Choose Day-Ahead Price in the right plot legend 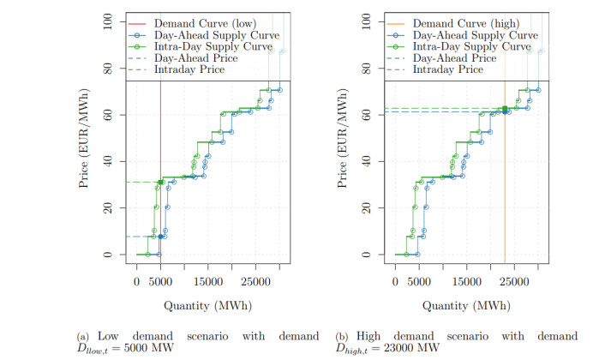coord(448,58)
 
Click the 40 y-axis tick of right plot coord(367,161)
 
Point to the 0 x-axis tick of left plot coord(136,280)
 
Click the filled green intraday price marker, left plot coord(160,182)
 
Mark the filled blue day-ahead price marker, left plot coord(160,237)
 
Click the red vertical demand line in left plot coord(160,129)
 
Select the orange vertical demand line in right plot coord(505,171)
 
